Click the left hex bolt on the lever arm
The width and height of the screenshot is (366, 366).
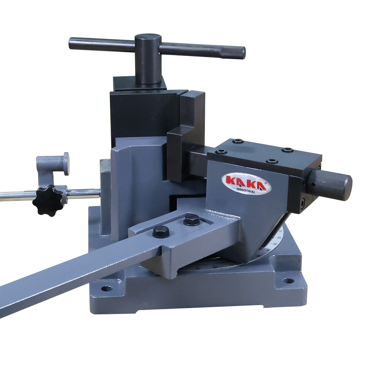(160, 231)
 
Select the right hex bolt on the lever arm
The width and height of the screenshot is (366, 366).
(191, 219)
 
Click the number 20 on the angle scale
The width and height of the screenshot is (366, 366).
(279, 238)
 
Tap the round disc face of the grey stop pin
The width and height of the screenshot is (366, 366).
(66, 164)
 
